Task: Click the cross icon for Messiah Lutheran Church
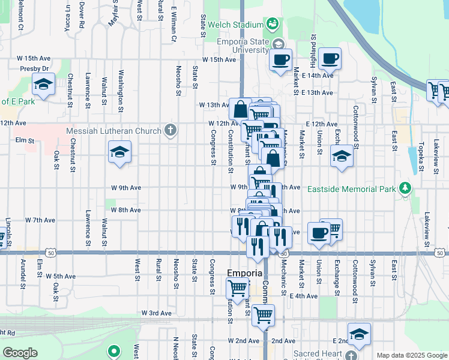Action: click(171, 130)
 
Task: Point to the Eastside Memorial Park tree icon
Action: click(405, 188)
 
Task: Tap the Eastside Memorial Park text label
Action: click(351, 189)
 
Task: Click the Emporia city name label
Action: click(244, 273)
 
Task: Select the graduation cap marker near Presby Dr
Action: click(44, 85)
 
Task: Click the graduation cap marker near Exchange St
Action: click(342, 157)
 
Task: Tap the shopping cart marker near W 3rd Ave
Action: click(263, 314)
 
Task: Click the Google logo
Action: click(20, 353)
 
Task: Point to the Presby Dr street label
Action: click(34, 68)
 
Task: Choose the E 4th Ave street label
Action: click(303, 296)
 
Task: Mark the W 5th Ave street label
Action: click(61, 277)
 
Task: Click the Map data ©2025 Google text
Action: click(411, 355)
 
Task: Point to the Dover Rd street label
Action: click(81, 15)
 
